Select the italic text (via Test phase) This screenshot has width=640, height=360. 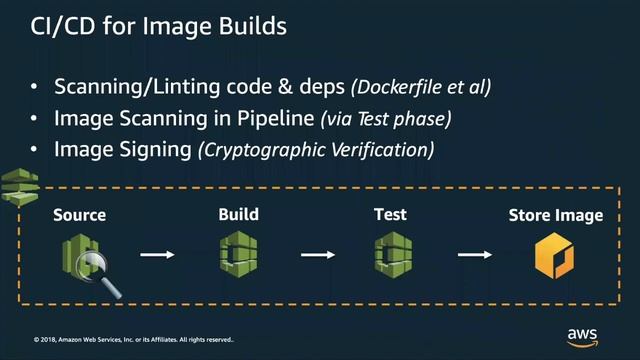pos(385,119)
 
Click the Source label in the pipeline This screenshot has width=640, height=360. pos(79,215)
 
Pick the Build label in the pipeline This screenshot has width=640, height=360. pos(238,214)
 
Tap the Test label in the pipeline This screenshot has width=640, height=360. pos(389,214)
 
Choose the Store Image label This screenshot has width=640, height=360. pos(555,215)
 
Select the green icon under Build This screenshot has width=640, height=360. pos(239,253)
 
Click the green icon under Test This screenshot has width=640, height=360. pos(390,253)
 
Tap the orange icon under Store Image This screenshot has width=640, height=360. pos(554,255)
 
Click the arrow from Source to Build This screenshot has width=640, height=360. pos(157,254)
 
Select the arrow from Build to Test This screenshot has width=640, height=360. pos(317,254)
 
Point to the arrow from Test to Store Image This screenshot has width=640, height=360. pos(474,254)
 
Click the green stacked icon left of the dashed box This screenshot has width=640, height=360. pos(20,186)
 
